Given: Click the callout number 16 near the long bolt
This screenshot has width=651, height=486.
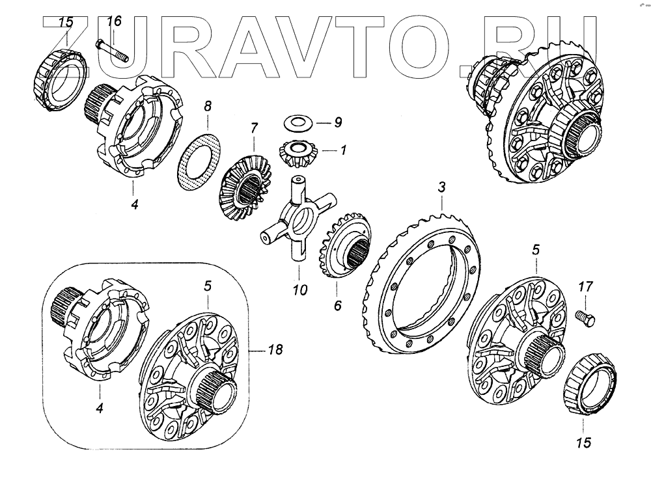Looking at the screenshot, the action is coord(114,21).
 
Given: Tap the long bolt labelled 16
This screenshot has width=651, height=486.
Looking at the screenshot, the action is coord(112,51).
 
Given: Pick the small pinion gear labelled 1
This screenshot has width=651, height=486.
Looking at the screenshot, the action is coord(292,152).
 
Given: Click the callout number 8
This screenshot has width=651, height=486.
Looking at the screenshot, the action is coord(207,105).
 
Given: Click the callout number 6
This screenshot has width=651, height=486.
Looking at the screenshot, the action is coord(338,304).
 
